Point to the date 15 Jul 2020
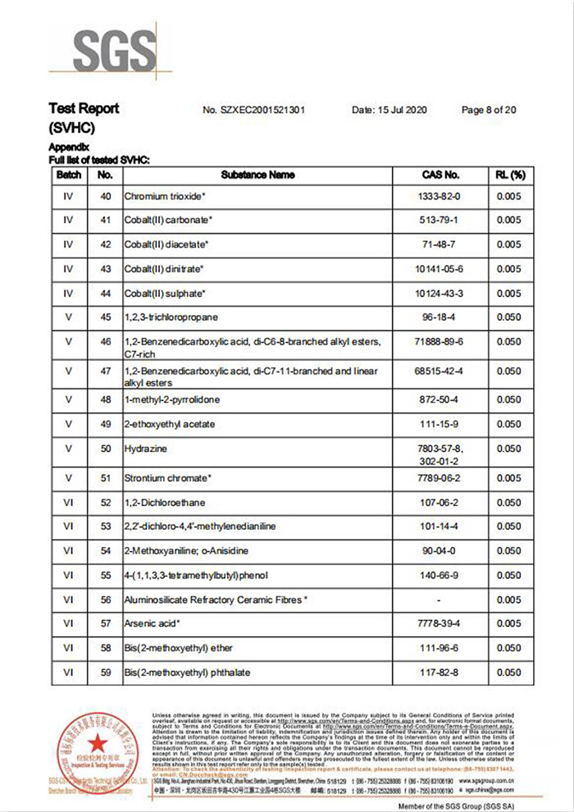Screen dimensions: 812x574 click(x=390, y=110)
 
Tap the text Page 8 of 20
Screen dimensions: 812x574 click(x=489, y=110)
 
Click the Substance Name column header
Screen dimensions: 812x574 click(x=257, y=175)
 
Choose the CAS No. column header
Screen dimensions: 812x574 click(x=440, y=175)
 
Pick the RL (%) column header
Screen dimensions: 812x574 click(x=508, y=175)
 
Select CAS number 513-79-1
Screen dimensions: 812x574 click(x=440, y=221)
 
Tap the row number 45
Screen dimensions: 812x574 click(x=105, y=317)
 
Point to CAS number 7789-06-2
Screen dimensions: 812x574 click(x=440, y=478)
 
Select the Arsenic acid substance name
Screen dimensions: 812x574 click(x=152, y=624)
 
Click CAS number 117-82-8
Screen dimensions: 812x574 click(x=440, y=673)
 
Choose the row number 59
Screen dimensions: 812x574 click(x=105, y=673)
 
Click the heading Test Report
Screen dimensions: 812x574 click(x=84, y=109)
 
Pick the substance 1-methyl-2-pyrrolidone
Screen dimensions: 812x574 click(x=172, y=399)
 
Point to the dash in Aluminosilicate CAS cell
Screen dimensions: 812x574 click(x=440, y=600)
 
